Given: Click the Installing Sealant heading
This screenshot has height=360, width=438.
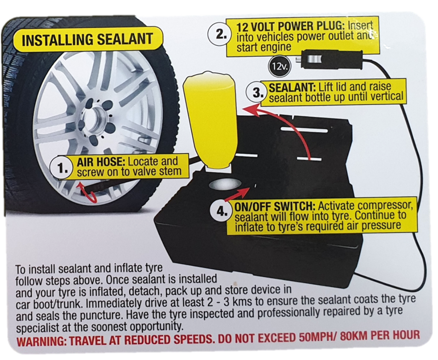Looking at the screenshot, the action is tap(87, 40).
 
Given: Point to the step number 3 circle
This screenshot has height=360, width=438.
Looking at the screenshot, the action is tap(255, 92).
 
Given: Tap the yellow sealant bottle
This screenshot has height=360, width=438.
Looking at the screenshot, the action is tap(209, 121).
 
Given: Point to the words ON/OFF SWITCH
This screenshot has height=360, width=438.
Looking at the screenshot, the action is tap(275, 207).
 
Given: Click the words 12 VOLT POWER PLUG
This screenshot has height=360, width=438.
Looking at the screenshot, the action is tap(290, 27).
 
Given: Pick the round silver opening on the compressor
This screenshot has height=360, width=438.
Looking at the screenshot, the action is tap(225, 184).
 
